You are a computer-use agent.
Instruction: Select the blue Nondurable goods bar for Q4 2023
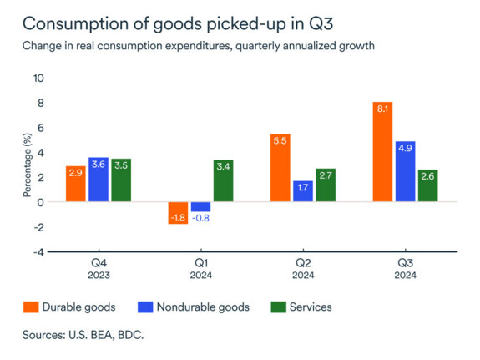99,180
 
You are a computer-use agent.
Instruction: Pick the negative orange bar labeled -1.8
178,213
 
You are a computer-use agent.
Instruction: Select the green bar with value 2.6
428,185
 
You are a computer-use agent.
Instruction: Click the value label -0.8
200,219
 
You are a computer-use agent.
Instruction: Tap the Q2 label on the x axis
303,262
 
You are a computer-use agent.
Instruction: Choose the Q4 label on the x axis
99,262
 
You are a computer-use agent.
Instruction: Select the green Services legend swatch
280,307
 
